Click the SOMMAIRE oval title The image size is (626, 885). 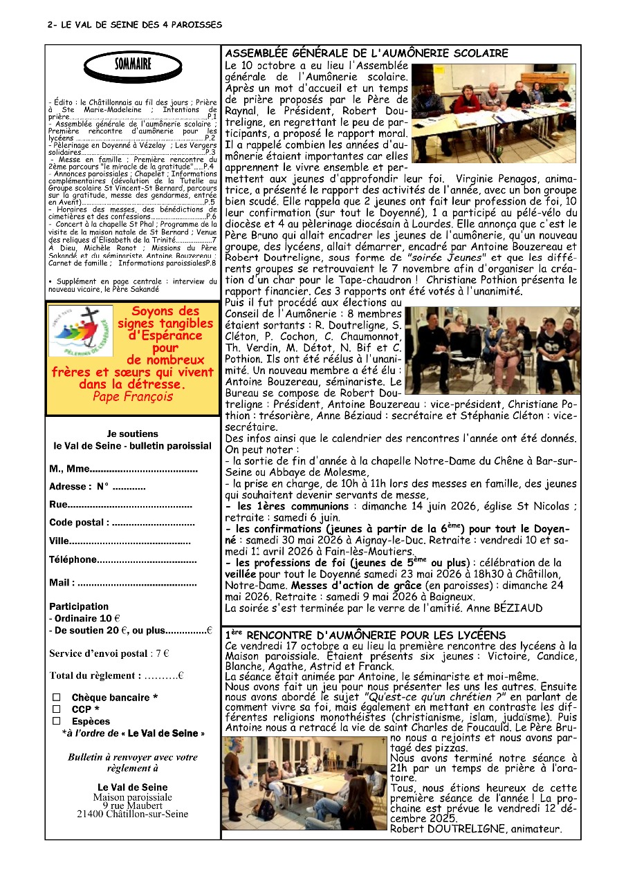pos(133,66)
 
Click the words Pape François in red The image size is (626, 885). pos(133,397)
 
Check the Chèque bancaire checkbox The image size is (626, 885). pos(57,698)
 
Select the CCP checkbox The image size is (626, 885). pos(57,709)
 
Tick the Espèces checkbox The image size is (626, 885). pos(57,721)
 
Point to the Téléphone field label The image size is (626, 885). pos(73,559)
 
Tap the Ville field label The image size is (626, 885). pos(59,541)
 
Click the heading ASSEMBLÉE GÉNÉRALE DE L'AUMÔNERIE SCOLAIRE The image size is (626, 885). pos(367,53)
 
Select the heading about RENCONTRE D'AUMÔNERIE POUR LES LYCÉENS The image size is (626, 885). pos(366,635)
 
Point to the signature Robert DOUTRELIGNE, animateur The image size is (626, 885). pos(476,829)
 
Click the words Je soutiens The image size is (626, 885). pos(132,434)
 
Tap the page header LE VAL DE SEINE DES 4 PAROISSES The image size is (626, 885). pos(135,25)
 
